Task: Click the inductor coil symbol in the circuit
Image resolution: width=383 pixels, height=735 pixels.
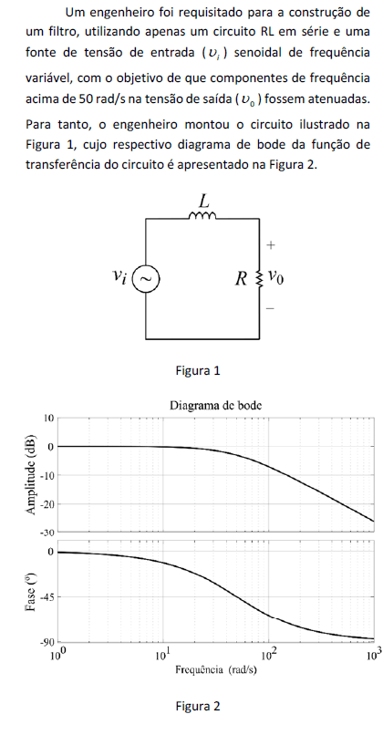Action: (x=202, y=215)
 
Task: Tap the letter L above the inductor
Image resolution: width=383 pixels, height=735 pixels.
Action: (x=203, y=202)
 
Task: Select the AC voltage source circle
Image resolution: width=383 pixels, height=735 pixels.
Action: (x=146, y=278)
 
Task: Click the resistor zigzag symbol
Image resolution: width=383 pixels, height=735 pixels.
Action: (x=259, y=278)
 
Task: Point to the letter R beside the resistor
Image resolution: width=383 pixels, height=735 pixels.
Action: (x=241, y=279)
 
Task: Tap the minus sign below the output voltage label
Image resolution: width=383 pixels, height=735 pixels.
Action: (x=271, y=308)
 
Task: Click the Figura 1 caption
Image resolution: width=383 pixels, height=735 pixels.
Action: (x=197, y=371)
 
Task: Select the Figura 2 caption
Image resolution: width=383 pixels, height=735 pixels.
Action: (x=197, y=706)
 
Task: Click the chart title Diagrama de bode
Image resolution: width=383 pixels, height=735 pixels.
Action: (x=215, y=405)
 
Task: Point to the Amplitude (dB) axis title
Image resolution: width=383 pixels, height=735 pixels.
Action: (x=32, y=474)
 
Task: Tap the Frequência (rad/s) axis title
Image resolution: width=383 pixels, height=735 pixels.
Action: (x=216, y=670)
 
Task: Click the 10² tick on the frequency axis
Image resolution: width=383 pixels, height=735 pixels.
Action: (x=269, y=653)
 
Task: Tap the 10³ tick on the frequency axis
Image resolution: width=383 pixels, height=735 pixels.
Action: (x=374, y=653)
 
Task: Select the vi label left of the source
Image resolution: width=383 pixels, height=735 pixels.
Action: (x=120, y=276)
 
